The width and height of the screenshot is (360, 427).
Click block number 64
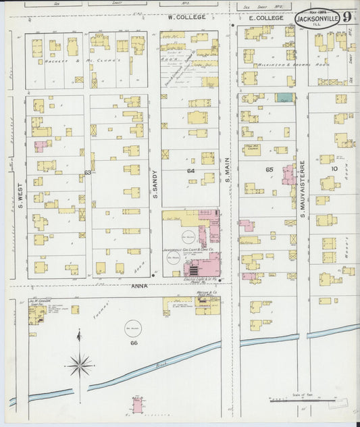[191, 172]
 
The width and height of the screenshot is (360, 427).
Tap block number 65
[269, 170]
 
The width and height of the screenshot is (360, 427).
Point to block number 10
[334, 168]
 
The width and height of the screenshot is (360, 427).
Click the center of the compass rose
[80, 366]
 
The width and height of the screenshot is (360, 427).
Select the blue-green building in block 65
[284, 98]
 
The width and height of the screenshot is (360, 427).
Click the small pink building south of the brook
[138, 405]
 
